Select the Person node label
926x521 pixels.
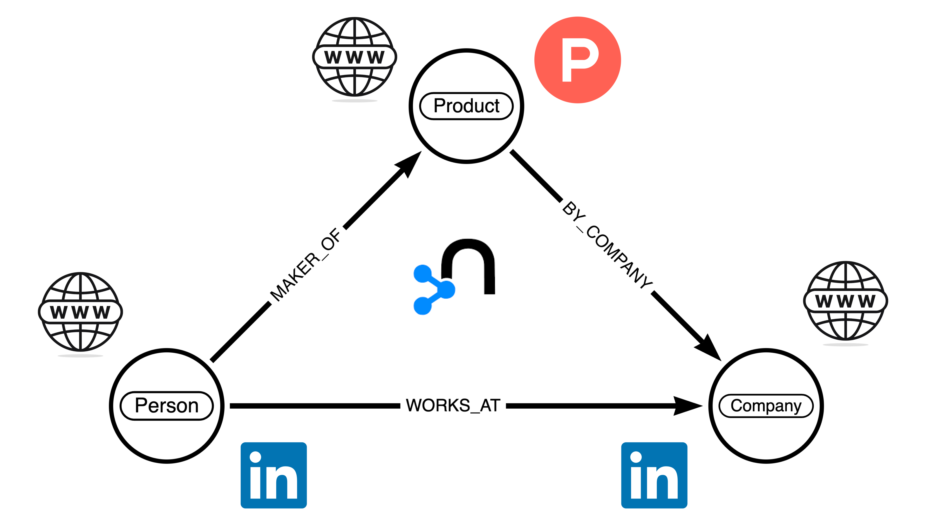coord(166,405)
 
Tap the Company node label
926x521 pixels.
coord(766,405)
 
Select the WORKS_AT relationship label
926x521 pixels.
coord(453,405)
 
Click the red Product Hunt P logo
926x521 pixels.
coord(577,60)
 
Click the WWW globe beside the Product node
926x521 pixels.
coord(354,57)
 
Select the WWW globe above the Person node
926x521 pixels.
coord(80,312)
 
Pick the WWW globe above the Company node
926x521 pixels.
coord(845,301)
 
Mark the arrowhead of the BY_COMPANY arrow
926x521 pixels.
coord(710,349)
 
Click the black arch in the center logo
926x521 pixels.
coord(468,259)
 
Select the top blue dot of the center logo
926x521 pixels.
coord(422,274)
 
